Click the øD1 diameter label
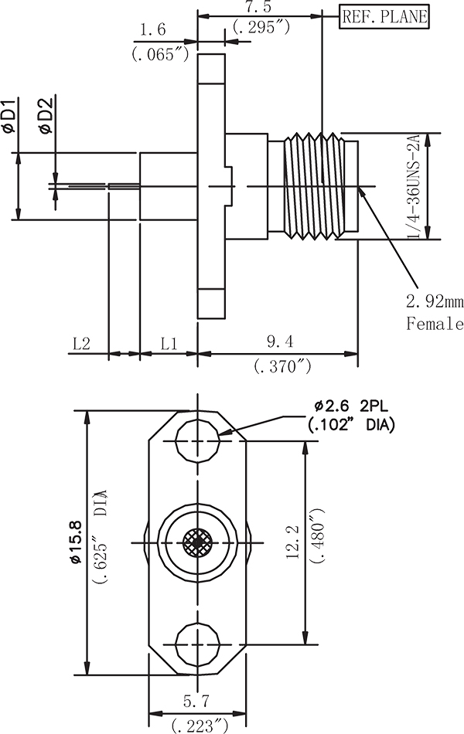tap(10, 117)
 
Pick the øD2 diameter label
tap(46, 117)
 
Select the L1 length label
tap(169, 342)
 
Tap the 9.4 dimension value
tap(283, 342)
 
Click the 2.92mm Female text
tap(435, 313)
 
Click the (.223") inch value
tap(199, 725)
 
